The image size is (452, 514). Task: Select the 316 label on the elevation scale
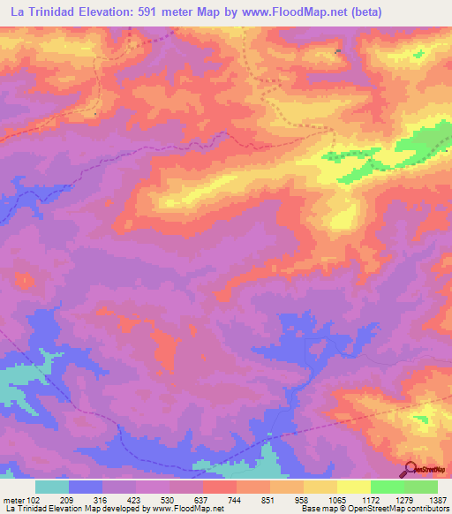coord(103,499)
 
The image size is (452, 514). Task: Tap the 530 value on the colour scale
coord(170,499)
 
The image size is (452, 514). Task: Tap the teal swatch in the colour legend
coord(52,487)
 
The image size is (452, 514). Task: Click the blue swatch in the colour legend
coord(86,487)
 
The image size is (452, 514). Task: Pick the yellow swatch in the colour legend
coord(354,487)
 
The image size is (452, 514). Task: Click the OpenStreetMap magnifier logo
coord(411,469)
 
